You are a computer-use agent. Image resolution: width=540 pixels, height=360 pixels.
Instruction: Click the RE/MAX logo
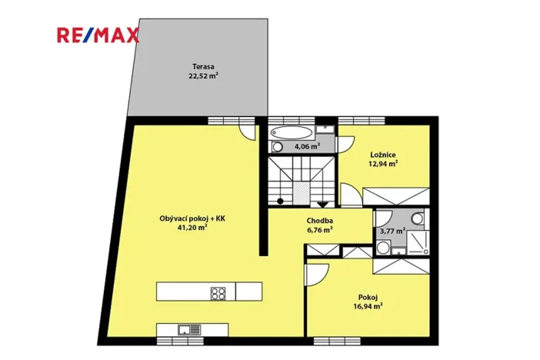(x=97, y=35)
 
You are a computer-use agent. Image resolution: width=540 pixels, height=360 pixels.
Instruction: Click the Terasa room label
(x=203, y=66)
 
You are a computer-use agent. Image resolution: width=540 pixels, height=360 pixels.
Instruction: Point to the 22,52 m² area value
(x=203, y=76)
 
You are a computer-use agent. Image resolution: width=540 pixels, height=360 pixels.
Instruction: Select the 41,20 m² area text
(x=192, y=228)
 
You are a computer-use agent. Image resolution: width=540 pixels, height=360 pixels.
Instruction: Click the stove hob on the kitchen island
(x=218, y=292)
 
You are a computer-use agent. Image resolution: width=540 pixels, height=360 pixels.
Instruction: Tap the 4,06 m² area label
(x=306, y=145)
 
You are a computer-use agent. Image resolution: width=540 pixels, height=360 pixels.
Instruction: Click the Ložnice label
(x=382, y=155)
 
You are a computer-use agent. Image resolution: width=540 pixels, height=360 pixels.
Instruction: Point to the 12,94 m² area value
(x=382, y=164)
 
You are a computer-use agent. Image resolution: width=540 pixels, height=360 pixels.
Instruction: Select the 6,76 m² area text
(x=319, y=229)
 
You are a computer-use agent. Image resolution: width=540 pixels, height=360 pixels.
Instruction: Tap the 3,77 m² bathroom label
(x=392, y=231)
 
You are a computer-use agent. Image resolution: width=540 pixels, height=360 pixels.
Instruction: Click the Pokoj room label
(x=368, y=297)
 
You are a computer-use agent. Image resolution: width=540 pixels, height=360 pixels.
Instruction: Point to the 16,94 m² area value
(x=368, y=306)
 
